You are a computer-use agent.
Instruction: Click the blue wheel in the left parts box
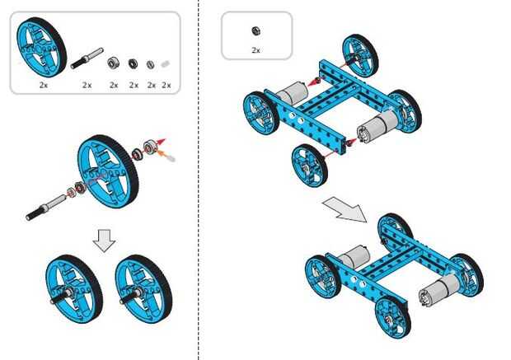click(x=41, y=47)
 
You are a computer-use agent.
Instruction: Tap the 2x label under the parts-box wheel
click(x=42, y=85)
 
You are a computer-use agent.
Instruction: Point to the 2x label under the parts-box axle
click(x=87, y=85)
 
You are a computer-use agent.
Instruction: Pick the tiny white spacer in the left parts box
click(x=166, y=63)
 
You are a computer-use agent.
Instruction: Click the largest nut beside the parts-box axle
click(x=115, y=61)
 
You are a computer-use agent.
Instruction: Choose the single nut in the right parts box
click(x=255, y=31)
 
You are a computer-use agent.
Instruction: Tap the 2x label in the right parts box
click(x=255, y=50)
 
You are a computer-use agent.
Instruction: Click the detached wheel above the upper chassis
click(x=359, y=54)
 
